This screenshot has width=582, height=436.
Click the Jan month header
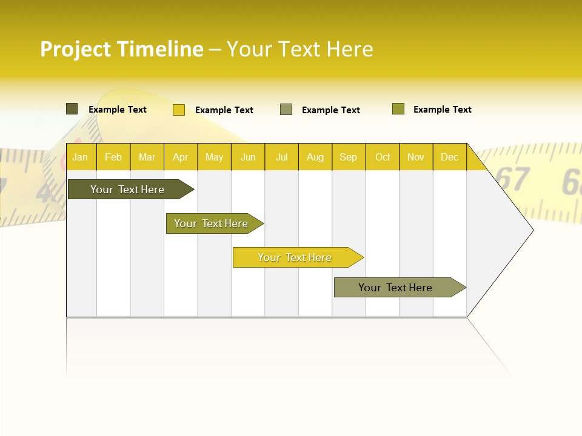pyautogui.click(x=80, y=157)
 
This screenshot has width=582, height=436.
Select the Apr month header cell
pyautogui.click(x=180, y=157)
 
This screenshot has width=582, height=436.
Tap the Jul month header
pyautogui.click(x=281, y=157)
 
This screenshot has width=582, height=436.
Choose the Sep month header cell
pyautogui.click(x=348, y=157)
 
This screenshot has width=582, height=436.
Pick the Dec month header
pyautogui.click(x=449, y=157)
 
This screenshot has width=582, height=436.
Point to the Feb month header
pyautogui.click(x=113, y=157)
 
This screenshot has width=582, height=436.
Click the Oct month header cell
pyautogui.click(x=383, y=157)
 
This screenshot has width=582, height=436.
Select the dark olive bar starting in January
pyautogui.click(x=127, y=190)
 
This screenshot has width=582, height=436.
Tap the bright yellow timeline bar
pyautogui.click(x=295, y=257)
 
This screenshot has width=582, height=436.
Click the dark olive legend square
pyautogui.click(x=72, y=109)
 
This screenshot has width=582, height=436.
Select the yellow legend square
pyautogui.click(x=179, y=110)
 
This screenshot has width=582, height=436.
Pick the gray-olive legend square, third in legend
pyautogui.click(x=286, y=110)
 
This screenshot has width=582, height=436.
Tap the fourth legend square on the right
pyautogui.click(x=398, y=109)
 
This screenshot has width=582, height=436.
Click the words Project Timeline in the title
pyautogui.click(x=122, y=49)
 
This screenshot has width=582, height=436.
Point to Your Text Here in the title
pyautogui.click(x=299, y=49)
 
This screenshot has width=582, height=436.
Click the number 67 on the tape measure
pyautogui.click(x=513, y=179)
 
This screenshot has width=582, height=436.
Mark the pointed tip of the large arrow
pyautogui.click(x=532, y=230)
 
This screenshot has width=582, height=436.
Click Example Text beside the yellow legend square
pyautogui.click(x=224, y=110)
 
